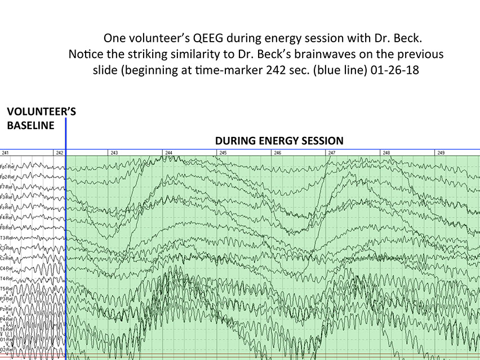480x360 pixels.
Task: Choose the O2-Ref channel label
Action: tap(7, 349)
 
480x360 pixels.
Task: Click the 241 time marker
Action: tap(5, 153)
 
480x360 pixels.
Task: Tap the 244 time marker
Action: tap(168, 153)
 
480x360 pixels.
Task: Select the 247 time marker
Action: tap(332, 153)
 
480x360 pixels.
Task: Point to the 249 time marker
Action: tap(441, 153)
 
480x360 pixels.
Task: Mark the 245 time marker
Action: tap(223, 153)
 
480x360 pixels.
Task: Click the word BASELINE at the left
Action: tap(30, 125)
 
